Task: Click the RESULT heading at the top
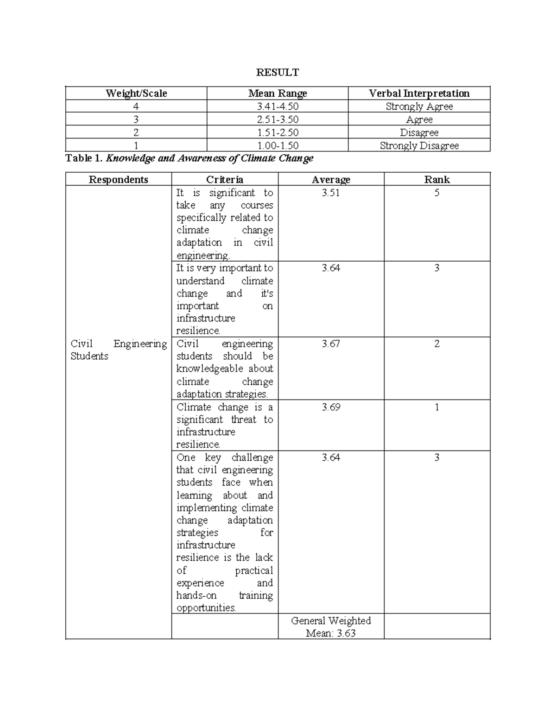[278, 72]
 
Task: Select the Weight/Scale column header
[136, 93]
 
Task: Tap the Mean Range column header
[278, 93]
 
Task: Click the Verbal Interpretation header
[419, 93]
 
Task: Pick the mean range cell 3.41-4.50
[278, 106]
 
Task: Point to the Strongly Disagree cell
[419, 145]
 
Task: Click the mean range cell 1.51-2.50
[278, 132]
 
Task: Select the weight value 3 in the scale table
[136, 119]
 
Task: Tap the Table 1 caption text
[190, 158]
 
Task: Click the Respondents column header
[119, 180]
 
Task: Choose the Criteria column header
[225, 180]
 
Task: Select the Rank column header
[437, 180]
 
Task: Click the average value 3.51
[331, 193]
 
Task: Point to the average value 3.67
[331, 344]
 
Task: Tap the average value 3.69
[331, 407]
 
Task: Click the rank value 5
[437, 193]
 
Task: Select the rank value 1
[437, 407]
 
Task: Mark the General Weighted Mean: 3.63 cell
[331, 627]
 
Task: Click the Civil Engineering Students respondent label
[119, 350]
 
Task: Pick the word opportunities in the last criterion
[206, 608]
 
